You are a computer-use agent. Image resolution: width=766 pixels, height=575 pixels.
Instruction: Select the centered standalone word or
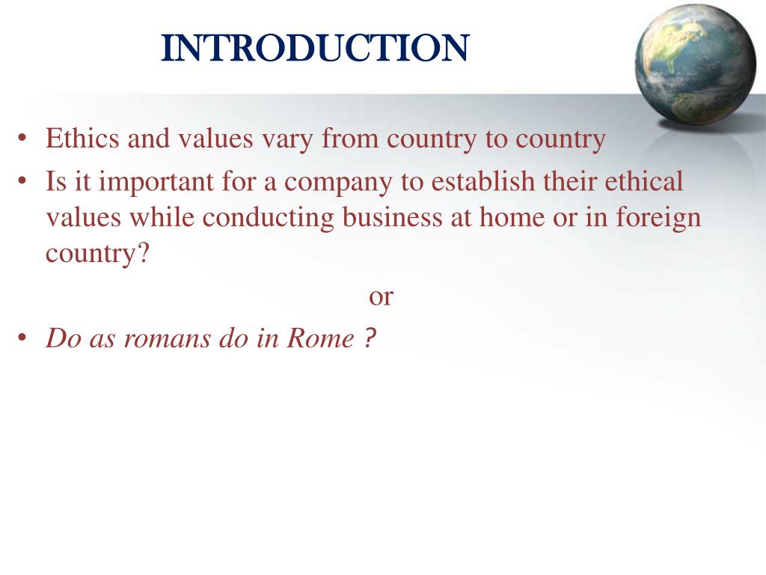pos(381,296)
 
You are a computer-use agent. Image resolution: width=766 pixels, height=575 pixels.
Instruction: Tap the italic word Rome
pos(320,339)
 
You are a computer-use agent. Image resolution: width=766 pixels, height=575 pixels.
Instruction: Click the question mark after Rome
pos(370,338)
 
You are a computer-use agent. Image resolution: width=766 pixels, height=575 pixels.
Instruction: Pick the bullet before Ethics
pos(23,140)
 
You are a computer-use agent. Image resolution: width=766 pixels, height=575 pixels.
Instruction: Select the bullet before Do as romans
pos(23,340)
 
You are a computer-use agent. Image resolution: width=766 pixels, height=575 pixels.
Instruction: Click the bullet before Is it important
pos(23,182)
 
